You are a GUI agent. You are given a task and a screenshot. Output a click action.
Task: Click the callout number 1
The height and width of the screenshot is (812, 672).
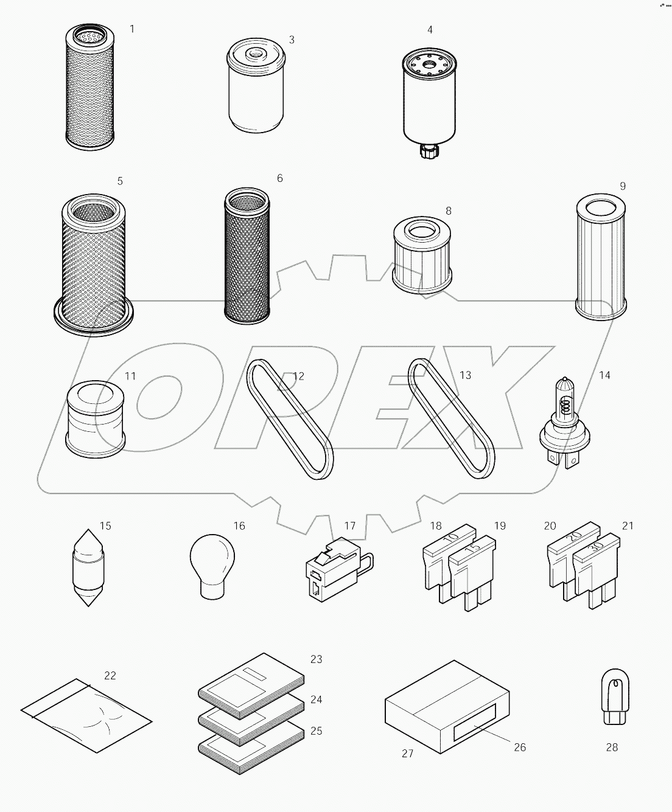(x=133, y=29)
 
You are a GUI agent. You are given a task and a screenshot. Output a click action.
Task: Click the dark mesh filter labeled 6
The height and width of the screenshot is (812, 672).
(x=246, y=255)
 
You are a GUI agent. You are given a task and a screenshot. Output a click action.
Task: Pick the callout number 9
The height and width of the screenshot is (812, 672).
(x=622, y=186)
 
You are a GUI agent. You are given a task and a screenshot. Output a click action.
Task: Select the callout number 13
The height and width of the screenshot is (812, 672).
(x=465, y=375)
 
